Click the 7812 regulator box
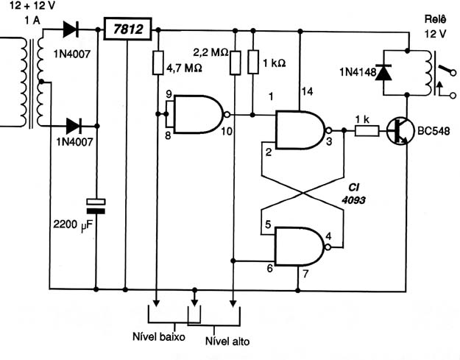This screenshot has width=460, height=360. [x=127, y=29]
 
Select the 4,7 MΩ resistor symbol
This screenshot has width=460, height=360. [x=158, y=63]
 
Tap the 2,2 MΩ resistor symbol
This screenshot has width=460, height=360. [x=236, y=63]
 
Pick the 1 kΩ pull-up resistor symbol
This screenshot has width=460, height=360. [x=253, y=62]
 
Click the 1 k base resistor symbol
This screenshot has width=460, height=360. [x=367, y=130]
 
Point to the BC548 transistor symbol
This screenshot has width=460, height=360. [x=397, y=131]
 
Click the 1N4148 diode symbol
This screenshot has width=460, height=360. [x=383, y=72]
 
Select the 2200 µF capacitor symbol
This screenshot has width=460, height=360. [x=96, y=206]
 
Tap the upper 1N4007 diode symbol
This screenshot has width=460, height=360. [x=71, y=29]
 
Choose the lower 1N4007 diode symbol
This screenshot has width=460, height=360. [x=74, y=126]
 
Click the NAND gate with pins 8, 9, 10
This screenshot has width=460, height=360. [x=199, y=114]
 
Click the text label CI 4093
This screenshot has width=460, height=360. [x=353, y=194]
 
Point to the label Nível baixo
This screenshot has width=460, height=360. [x=159, y=337]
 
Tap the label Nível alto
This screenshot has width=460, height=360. [x=227, y=341]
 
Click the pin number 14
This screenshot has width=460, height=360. [x=307, y=92]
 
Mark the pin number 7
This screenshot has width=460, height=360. [x=305, y=274]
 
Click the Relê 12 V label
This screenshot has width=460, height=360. [x=436, y=27]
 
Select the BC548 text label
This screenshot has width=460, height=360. [x=434, y=131]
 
